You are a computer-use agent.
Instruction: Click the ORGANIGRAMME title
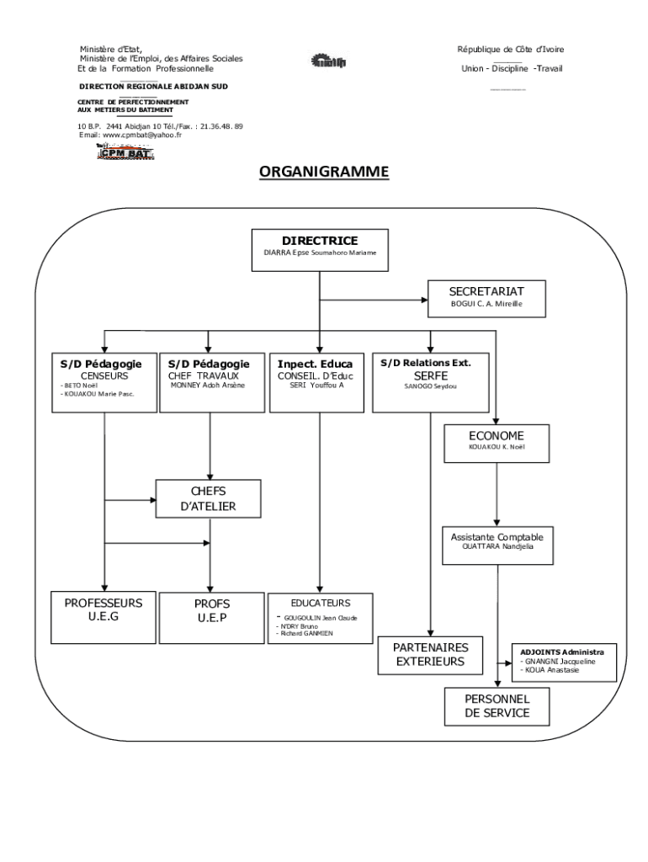324,172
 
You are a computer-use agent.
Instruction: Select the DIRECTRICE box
320,250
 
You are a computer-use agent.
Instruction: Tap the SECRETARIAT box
486,297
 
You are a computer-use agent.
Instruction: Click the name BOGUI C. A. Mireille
486,304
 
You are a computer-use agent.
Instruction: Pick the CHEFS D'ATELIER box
209,498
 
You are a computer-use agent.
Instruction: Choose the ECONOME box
497,443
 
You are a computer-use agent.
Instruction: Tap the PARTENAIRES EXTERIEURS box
431,654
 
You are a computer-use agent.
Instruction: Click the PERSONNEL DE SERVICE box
497,705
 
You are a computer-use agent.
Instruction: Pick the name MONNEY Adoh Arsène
208,385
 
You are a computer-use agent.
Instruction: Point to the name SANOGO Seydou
430,388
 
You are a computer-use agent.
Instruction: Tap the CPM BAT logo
123,152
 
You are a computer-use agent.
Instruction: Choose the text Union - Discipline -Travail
511,69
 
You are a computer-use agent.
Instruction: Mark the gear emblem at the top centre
323,60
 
